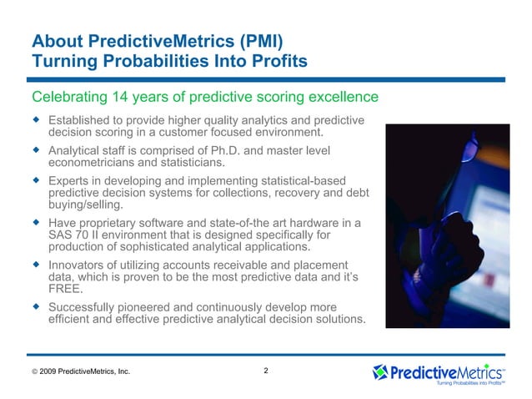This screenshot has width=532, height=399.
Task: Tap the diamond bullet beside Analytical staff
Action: point(35,150)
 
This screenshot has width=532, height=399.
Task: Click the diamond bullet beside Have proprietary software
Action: point(35,223)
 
